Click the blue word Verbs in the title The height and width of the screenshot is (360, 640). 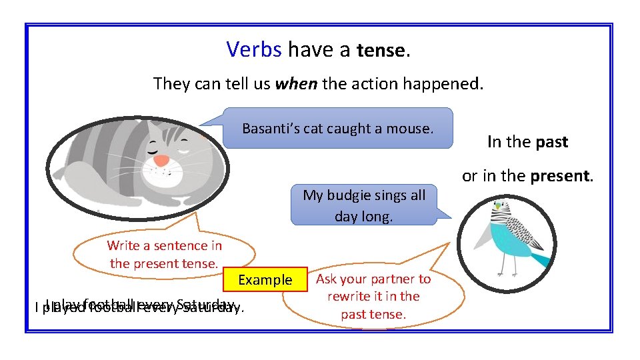click(254, 49)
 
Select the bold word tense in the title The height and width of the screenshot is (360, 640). click(381, 51)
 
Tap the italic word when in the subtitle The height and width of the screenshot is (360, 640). click(297, 84)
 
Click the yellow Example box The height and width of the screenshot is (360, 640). click(265, 280)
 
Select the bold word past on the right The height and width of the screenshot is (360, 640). click(551, 142)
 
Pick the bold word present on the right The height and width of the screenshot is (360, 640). click(561, 177)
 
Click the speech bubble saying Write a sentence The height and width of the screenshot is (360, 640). click(164, 255)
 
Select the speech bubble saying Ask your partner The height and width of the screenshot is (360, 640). click(373, 296)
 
